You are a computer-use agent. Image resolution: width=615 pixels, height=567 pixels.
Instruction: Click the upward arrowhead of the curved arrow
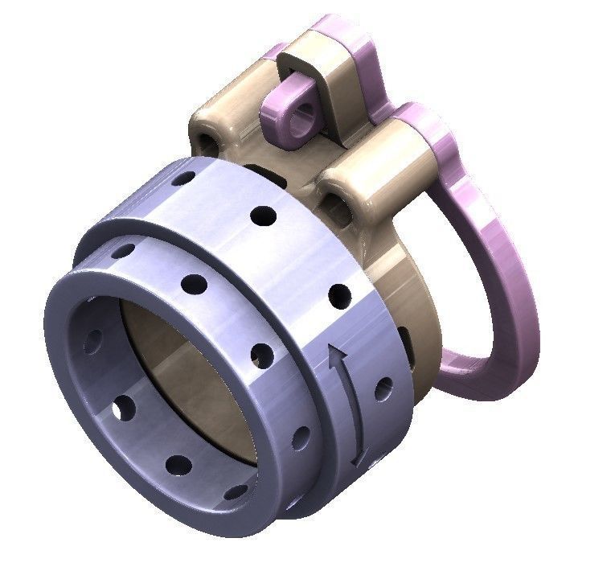tap(337, 354)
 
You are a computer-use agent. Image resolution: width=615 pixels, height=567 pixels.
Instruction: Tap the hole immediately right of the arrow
tap(384, 388)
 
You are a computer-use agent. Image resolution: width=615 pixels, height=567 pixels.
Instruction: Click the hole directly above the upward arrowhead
tap(339, 295)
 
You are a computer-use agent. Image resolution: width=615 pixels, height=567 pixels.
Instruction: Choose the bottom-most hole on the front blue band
tap(235, 491)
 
